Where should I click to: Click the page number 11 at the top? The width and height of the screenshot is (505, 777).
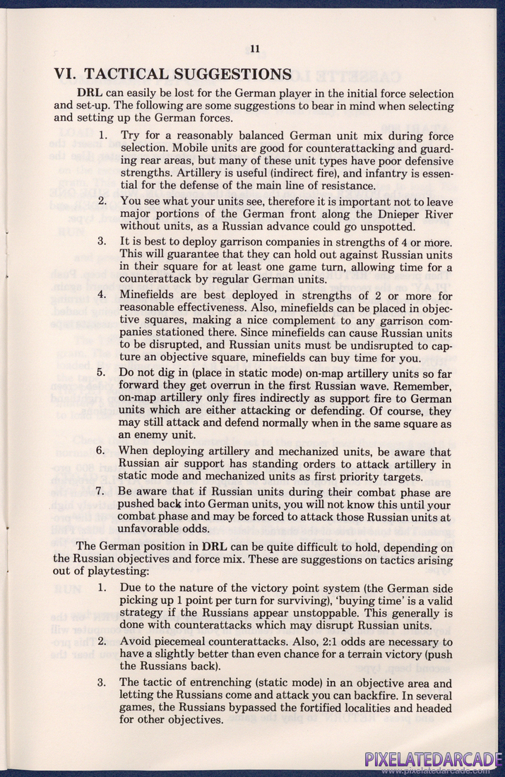(255, 49)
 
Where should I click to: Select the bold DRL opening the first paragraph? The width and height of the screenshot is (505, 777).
(91, 94)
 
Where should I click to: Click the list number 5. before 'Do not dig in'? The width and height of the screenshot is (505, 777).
(101, 372)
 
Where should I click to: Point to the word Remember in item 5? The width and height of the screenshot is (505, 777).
(419, 385)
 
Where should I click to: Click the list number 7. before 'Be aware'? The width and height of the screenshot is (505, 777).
(101, 492)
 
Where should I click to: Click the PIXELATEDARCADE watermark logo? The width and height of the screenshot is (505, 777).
(433, 759)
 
